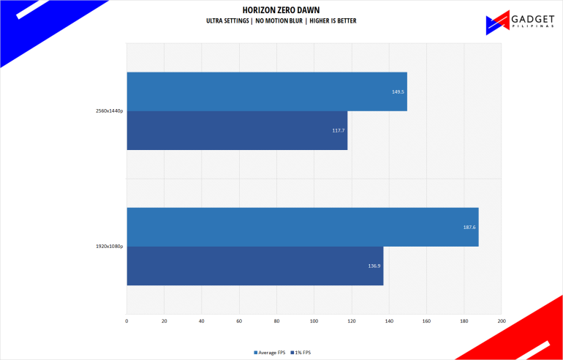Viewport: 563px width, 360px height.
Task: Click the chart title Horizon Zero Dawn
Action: tap(281, 10)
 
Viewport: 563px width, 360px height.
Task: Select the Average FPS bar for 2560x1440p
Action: tap(267, 91)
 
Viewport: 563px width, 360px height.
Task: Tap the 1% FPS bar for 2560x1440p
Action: tap(237, 130)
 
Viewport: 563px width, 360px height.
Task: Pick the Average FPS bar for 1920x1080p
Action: tap(302, 227)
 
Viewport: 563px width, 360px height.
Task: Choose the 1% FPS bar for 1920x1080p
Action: tap(255, 266)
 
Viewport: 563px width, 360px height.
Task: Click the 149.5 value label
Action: tap(397, 92)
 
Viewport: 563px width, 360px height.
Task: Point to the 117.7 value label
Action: tap(337, 130)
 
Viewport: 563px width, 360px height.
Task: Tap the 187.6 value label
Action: tap(469, 227)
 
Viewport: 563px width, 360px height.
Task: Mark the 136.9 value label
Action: tap(374, 266)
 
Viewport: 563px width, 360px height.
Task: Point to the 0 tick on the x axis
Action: tap(127, 320)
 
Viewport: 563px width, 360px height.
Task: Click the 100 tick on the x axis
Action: tap(314, 320)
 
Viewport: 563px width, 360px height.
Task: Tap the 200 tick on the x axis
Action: tap(501, 320)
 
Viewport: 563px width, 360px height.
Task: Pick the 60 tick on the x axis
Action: tap(239, 320)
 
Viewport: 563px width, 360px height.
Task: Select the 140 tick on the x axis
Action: tap(389, 320)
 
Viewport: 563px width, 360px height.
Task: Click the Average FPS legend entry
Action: tap(268, 353)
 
